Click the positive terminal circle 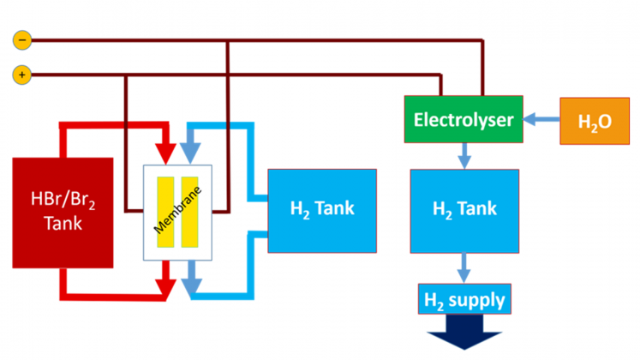(x=22, y=75)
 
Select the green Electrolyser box (x=464, y=120)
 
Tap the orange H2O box (x=594, y=121)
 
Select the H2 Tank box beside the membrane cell (x=321, y=209)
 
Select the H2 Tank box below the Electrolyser (x=464, y=209)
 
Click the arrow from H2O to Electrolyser (x=541, y=120)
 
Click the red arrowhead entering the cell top (x=166, y=151)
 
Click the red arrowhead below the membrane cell (x=166, y=284)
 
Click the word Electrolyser (x=464, y=120)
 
